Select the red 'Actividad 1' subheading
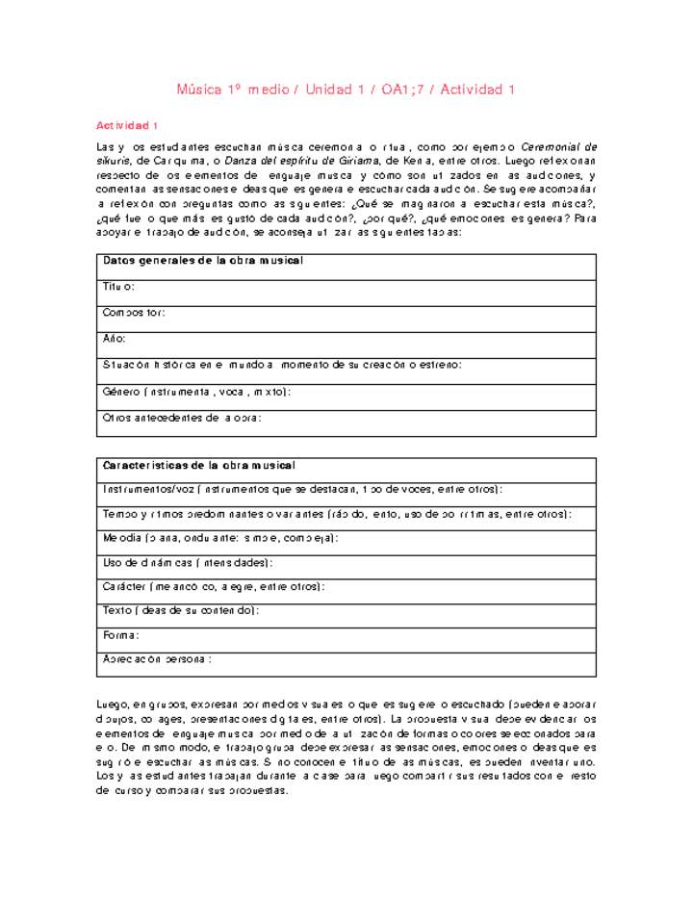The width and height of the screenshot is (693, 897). click(126, 126)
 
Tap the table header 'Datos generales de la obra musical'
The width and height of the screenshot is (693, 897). click(203, 262)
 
